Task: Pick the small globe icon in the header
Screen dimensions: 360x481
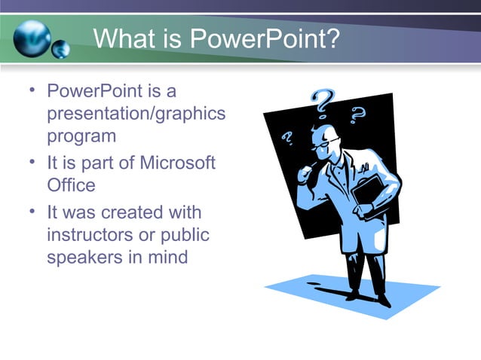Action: (x=61, y=49)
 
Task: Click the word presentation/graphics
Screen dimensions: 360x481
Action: (x=136, y=114)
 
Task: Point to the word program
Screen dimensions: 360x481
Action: (x=81, y=137)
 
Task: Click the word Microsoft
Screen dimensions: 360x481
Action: (x=177, y=162)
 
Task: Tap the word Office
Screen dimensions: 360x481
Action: (x=72, y=185)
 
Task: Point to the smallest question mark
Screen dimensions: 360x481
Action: (x=286, y=139)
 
